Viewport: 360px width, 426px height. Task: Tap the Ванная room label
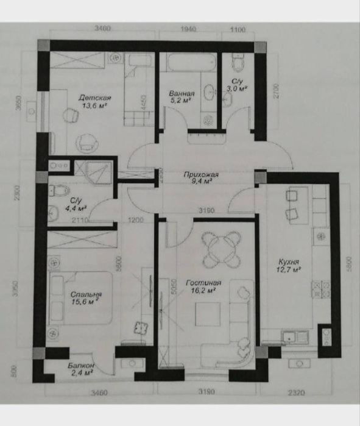(x=182, y=94)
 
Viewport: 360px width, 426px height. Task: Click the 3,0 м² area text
(x=238, y=89)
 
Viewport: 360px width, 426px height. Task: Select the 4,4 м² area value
(x=77, y=207)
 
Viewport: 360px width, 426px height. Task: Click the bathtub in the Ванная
(x=189, y=63)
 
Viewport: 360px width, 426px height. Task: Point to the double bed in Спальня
(x=81, y=297)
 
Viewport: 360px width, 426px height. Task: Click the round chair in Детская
(x=87, y=143)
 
